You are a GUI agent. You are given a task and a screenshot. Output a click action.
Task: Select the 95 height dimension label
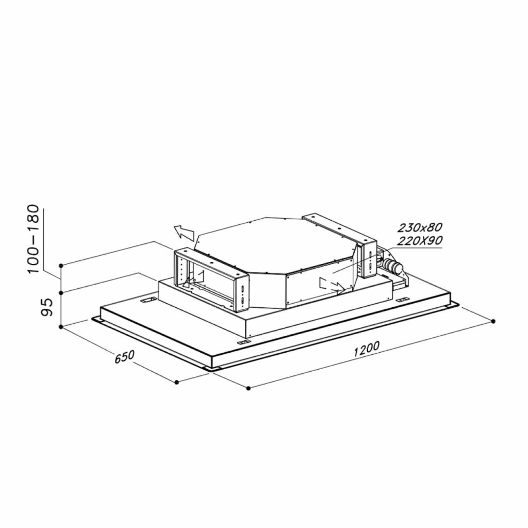click(x=47, y=307)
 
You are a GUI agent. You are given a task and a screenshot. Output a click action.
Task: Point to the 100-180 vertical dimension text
click(x=34, y=239)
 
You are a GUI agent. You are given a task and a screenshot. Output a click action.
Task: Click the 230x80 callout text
click(x=419, y=228)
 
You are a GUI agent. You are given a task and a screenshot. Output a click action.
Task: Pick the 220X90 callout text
click(x=420, y=241)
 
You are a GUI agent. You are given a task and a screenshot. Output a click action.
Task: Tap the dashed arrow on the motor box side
click(x=332, y=285)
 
